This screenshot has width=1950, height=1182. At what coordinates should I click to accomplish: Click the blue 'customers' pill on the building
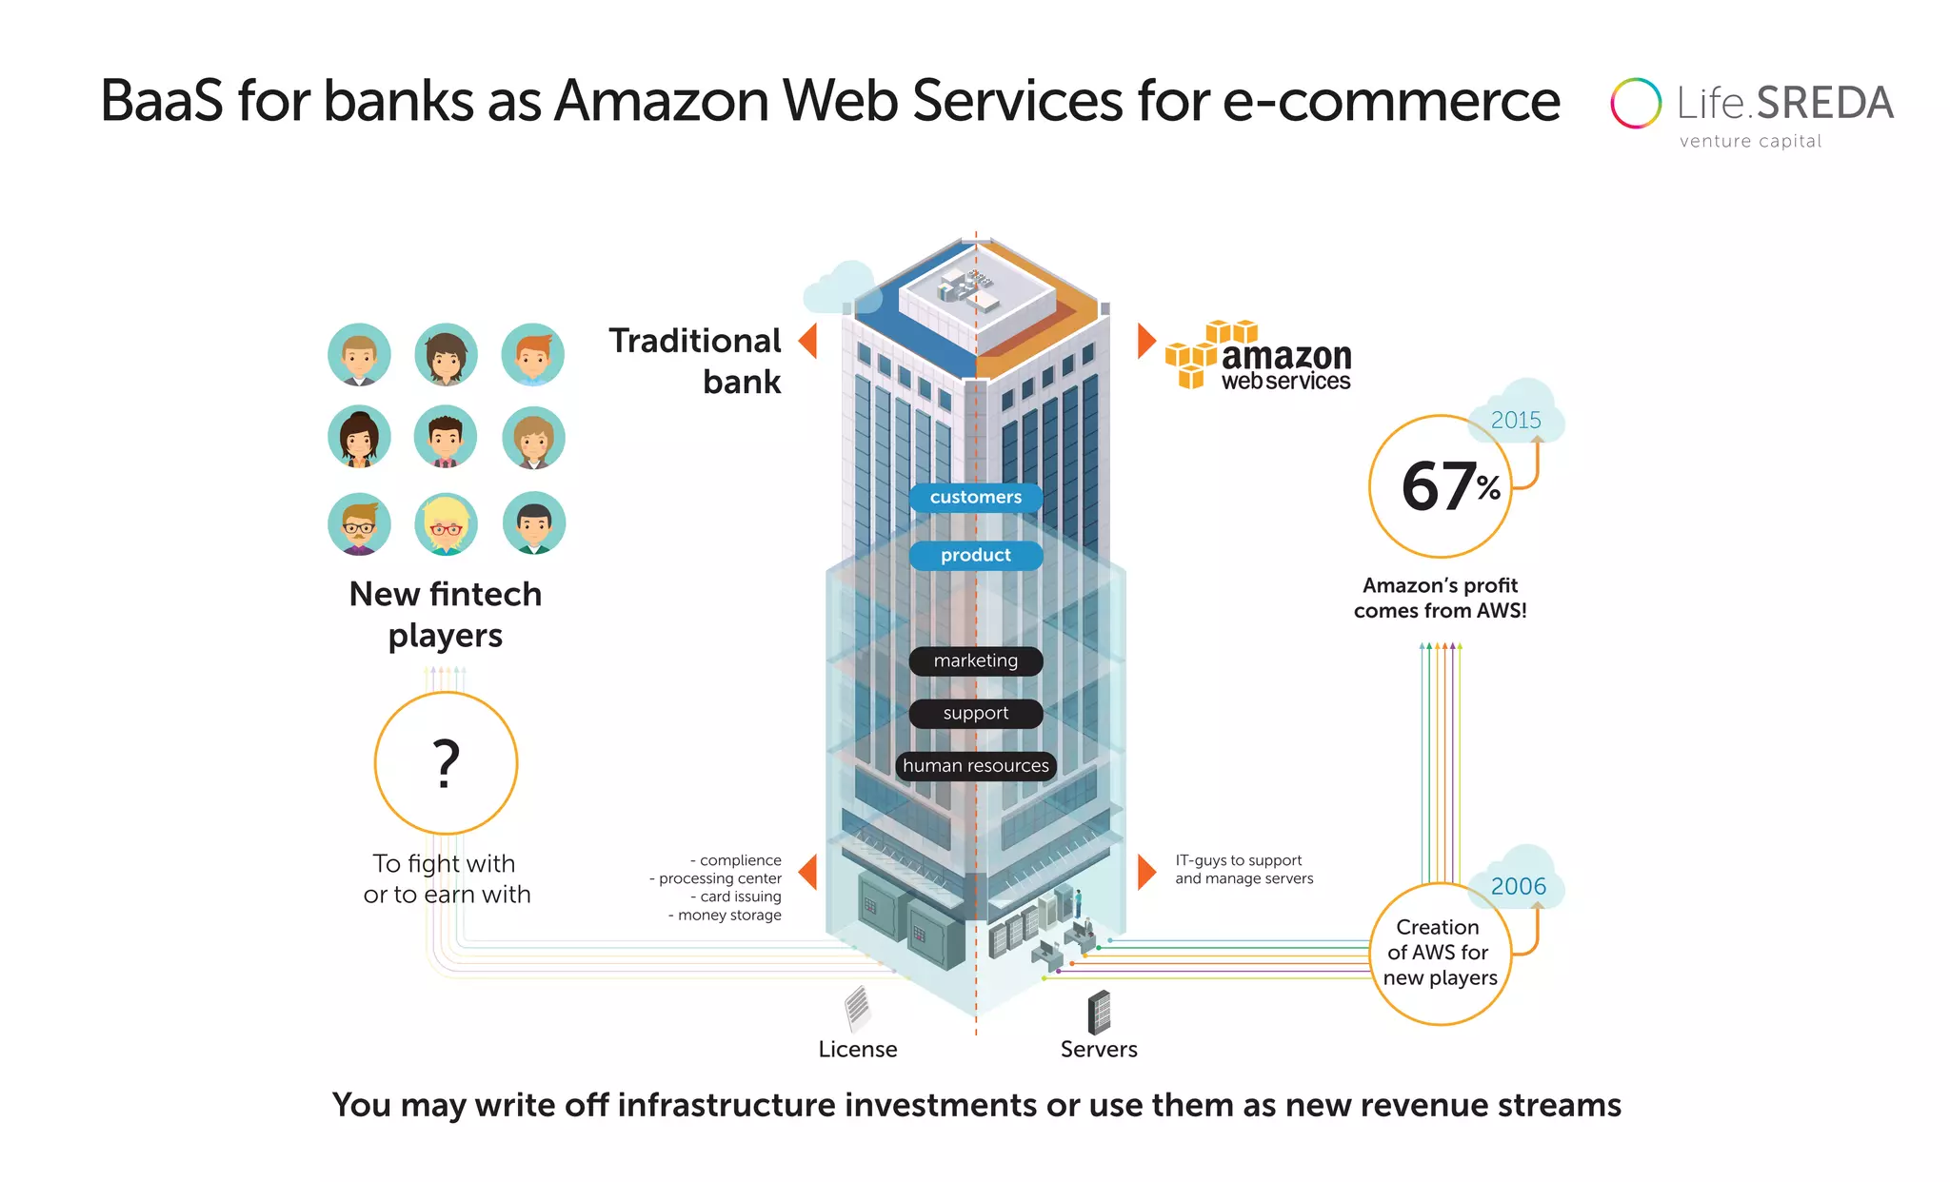pos(975,497)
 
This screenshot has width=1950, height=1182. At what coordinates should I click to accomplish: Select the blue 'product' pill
pos(975,555)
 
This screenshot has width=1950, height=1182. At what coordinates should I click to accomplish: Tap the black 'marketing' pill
pos(975,660)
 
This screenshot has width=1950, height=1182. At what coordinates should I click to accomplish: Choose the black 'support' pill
pos(975,713)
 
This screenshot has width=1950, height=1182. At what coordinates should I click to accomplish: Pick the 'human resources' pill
pos(975,765)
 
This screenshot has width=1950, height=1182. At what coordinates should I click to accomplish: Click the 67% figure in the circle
pos(1448,486)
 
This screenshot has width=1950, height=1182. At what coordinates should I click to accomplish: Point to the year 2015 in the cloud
pos(1515,420)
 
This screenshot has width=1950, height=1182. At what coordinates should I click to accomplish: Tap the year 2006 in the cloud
pos(1518,886)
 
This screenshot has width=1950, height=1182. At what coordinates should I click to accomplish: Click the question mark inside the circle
pos(446,763)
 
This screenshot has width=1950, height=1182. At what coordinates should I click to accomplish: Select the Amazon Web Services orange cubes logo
pos(1196,357)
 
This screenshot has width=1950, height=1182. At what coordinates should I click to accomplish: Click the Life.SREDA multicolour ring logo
pos(1635,103)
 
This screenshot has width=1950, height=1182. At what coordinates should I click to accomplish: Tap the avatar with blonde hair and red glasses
pos(446,524)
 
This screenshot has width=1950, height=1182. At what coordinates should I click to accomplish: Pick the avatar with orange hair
pos(533,355)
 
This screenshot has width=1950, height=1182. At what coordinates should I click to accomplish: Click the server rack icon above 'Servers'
pos(1099,1012)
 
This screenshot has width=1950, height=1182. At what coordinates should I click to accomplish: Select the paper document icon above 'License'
pos(858,1008)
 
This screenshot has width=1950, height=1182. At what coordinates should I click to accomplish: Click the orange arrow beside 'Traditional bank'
pos(808,340)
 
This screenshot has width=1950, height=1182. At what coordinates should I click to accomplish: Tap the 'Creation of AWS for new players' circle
pos(1440,953)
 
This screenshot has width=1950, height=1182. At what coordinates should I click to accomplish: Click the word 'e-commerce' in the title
pos(1390,100)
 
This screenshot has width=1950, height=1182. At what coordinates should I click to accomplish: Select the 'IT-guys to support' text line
pos(1238,860)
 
